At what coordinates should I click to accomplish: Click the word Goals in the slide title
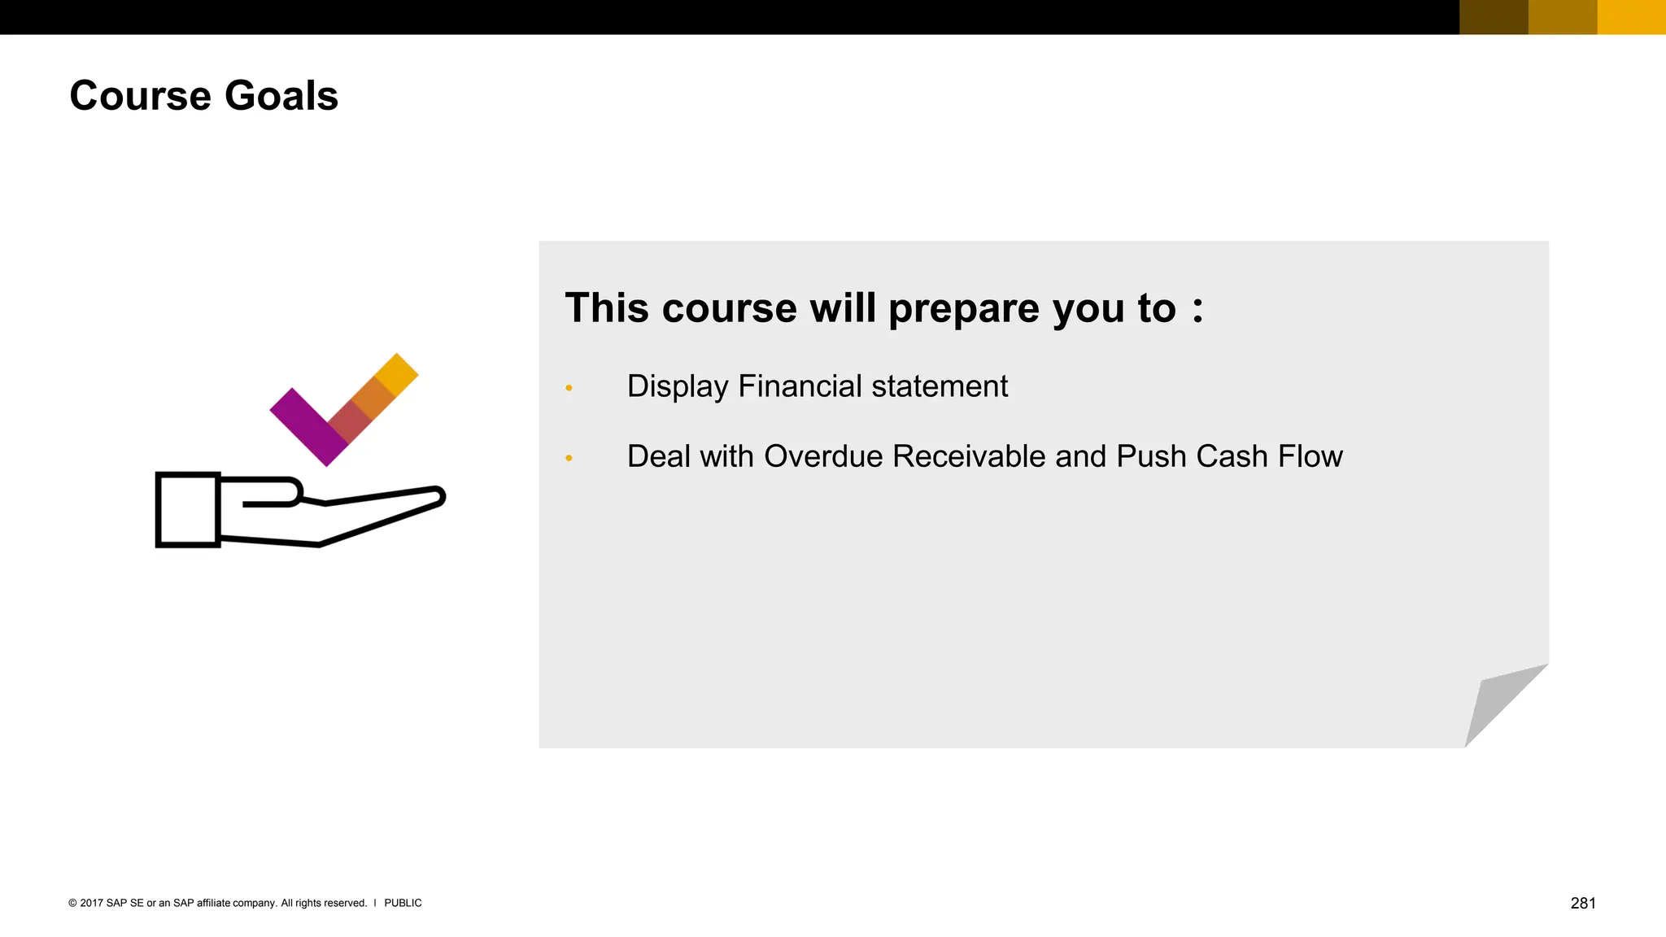coord(281,96)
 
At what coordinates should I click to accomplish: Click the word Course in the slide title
coord(141,96)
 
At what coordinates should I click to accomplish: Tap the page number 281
coord(1582,903)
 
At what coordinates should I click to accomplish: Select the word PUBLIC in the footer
coord(403,903)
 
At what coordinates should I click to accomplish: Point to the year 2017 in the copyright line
coord(91,903)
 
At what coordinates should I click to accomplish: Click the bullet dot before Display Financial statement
coord(569,388)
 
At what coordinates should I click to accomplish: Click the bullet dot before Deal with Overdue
coord(569,459)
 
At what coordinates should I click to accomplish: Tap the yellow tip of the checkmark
coord(397,374)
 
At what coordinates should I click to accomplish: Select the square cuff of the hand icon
coord(188,510)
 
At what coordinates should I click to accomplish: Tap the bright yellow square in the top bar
coord(1631,17)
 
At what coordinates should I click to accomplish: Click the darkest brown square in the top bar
coord(1494,17)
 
